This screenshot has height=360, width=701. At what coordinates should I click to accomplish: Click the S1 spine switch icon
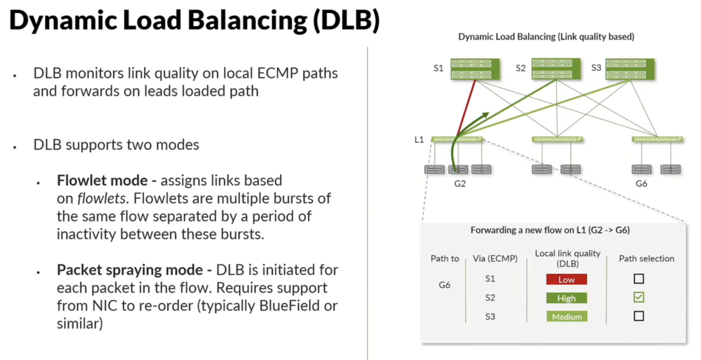tap(475, 69)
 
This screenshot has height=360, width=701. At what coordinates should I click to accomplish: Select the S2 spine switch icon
tap(556, 69)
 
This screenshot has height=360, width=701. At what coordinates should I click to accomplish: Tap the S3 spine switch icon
tap(630, 69)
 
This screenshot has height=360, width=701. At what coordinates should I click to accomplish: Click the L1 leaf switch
tap(457, 139)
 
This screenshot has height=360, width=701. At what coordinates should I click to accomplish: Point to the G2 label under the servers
tap(460, 184)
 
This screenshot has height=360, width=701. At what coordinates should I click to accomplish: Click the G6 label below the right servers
tap(641, 184)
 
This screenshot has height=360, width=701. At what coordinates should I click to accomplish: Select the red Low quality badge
tap(566, 279)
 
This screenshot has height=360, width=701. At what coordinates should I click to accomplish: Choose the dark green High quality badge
tap(566, 298)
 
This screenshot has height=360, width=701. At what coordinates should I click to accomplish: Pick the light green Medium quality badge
tap(567, 316)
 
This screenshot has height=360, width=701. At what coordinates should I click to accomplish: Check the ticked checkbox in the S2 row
tap(639, 297)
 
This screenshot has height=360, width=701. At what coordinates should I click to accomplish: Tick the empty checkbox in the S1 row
tap(639, 279)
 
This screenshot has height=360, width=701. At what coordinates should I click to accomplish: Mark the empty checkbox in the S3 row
tap(639, 316)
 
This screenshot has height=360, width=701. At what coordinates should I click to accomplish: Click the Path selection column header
tap(646, 258)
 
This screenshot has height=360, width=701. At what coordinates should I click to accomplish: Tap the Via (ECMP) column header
tap(495, 258)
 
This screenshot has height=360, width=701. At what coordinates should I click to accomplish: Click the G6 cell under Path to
tap(444, 285)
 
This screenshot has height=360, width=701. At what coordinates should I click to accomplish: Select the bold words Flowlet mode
tap(102, 180)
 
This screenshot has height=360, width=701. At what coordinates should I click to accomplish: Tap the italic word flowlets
tap(101, 198)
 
